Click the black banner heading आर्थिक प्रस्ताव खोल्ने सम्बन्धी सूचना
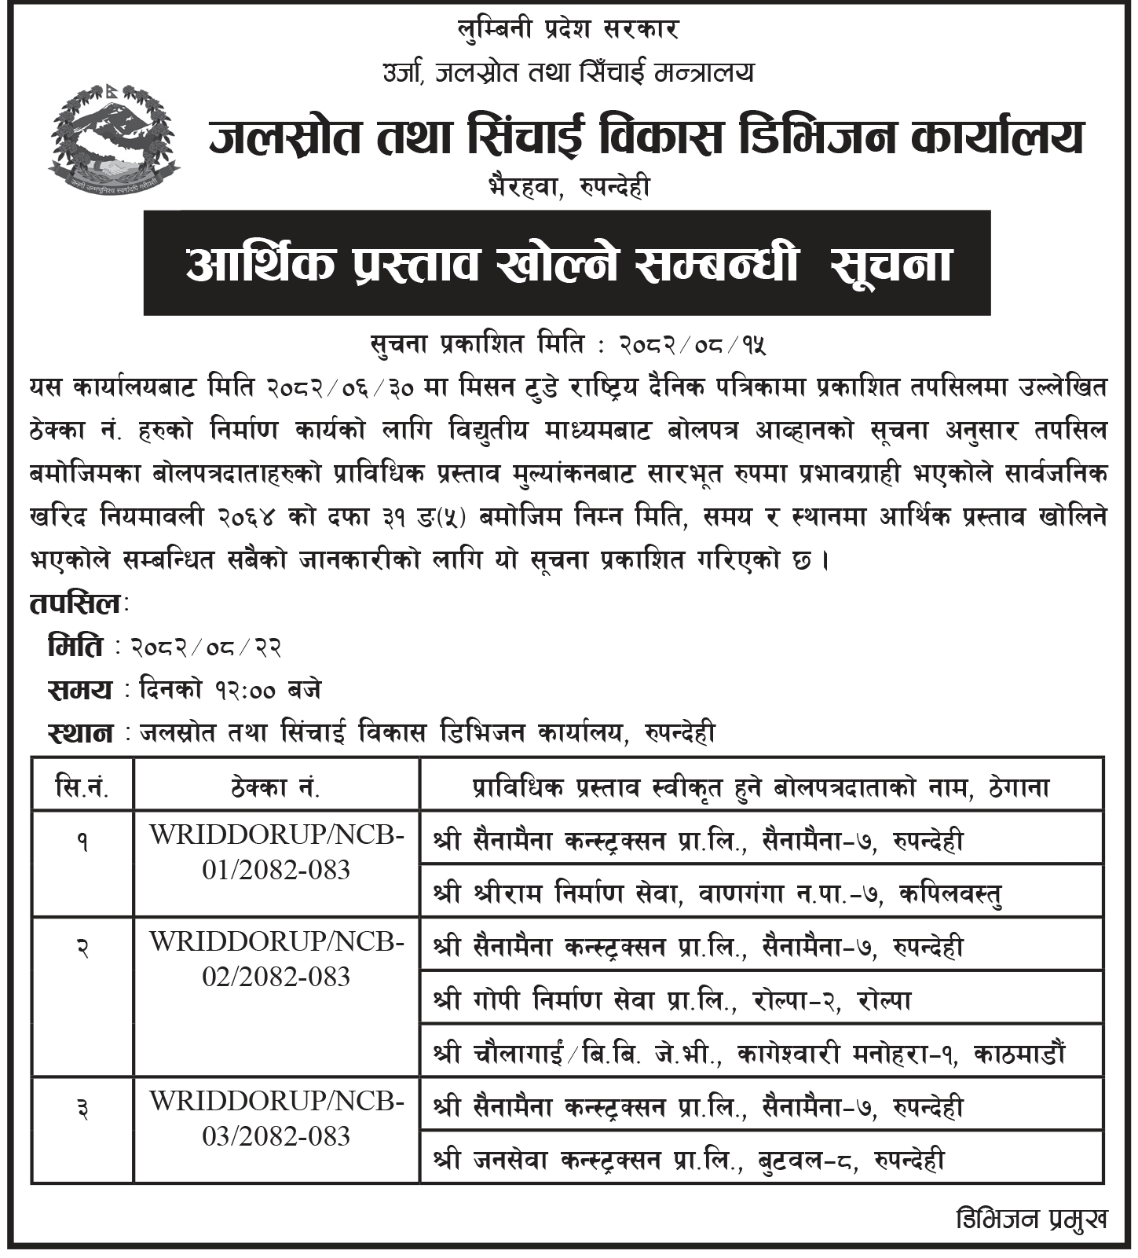click(566, 263)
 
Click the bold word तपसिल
click(75, 603)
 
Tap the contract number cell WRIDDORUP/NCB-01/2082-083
click(276, 853)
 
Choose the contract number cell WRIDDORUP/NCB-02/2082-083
click(276, 959)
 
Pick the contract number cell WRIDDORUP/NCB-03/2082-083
click(276, 1118)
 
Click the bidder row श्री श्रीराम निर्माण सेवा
click(718, 893)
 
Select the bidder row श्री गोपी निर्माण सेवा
click(671, 1000)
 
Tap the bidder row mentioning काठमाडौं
click(750, 1053)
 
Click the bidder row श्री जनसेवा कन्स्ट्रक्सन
click(689, 1160)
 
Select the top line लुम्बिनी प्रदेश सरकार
click(568, 30)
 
